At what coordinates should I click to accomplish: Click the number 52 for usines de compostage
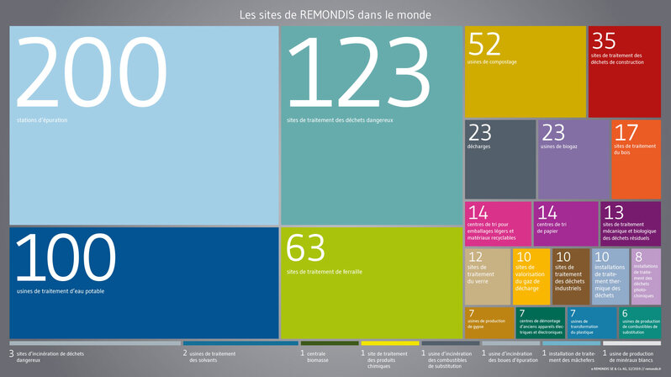tap(484, 44)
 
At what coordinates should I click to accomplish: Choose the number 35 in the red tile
tap(603, 40)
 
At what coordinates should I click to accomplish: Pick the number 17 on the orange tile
tap(626, 132)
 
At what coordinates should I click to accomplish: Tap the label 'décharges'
tap(479, 147)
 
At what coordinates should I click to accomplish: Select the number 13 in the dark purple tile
tap(614, 212)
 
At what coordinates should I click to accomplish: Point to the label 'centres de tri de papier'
tap(552, 227)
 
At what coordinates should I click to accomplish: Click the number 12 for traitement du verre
tap(475, 257)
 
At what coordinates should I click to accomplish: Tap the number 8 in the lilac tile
tap(638, 256)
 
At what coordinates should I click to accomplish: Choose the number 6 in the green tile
tap(623, 314)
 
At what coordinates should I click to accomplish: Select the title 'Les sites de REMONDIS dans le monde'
tap(335, 14)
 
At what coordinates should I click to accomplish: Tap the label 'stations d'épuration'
tap(42, 120)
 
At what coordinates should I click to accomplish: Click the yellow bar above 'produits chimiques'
tap(389, 343)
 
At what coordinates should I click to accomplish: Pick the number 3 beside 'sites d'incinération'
tap(12, 353)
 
